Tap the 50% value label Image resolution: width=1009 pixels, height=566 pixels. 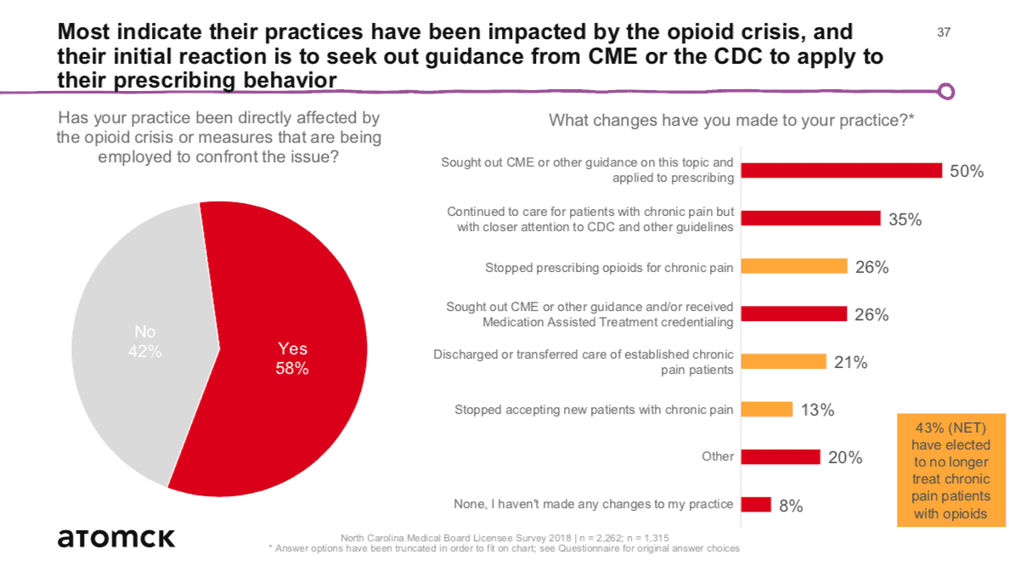(x=966, y=171)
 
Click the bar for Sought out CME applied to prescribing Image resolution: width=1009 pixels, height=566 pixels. (x=841, y=171)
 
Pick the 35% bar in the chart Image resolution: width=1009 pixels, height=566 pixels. (x=810, y=218)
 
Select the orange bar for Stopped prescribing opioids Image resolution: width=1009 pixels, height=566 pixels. (x=794, y=267)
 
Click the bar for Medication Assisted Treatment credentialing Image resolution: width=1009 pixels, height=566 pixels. (x=794, y=314)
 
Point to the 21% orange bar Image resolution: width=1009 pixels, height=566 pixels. (x=783, y=362)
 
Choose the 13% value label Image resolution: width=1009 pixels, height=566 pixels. (x=817, y=410)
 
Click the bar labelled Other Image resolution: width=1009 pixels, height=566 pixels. (x=781, y=457)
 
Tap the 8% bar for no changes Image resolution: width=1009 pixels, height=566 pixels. (x=756, y=505)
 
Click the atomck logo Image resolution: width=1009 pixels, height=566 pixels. (x=116, y=537)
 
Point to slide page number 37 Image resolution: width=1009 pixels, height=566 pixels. (x=944, y=33)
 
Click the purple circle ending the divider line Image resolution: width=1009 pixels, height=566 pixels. (x=947, y=91)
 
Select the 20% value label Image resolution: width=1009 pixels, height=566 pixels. (x=845, y=457)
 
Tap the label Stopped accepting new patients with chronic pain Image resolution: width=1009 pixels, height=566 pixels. (x=594, y=410)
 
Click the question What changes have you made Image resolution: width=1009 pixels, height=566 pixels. (x=731, y=120)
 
